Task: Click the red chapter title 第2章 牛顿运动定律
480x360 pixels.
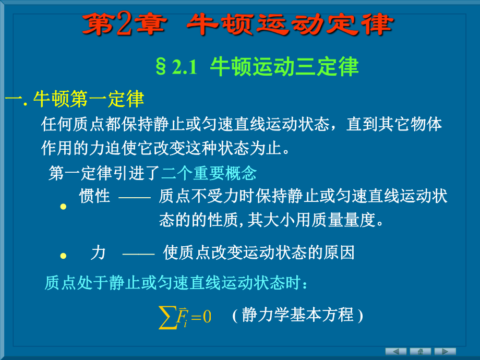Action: pyautogui.click(x=237, y=25)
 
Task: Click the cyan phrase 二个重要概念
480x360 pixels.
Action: pyautogui.click(x=209, y=173)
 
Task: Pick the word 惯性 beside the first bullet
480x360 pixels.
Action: pyautogui.click(x=94, y=196)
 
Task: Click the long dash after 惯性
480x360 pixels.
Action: pyautogui.click(x=135, y=197)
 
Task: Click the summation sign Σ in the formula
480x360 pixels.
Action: pyautogui.click(x=167, y=317)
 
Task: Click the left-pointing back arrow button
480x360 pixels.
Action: pyautogui.click(x=396, y=351)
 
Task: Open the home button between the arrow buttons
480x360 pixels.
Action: pyautogui.click(x=420, y=351)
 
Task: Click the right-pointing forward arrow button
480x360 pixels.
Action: pyautogui.click(x=445, y=351)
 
